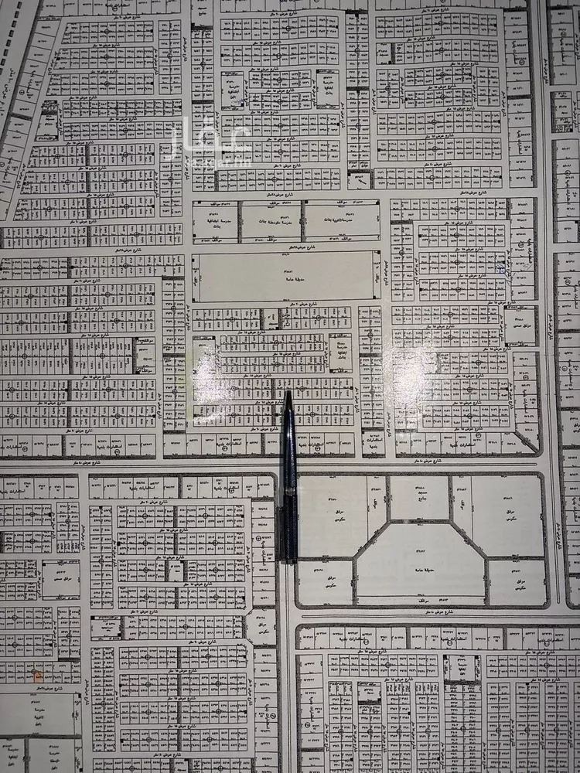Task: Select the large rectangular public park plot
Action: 286,275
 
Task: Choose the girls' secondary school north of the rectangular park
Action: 341,220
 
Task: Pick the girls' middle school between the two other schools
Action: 271,220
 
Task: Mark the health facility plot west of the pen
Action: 60,580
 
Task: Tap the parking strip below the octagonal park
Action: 421,599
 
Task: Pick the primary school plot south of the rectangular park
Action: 340,352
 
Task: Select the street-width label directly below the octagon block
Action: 421,615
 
